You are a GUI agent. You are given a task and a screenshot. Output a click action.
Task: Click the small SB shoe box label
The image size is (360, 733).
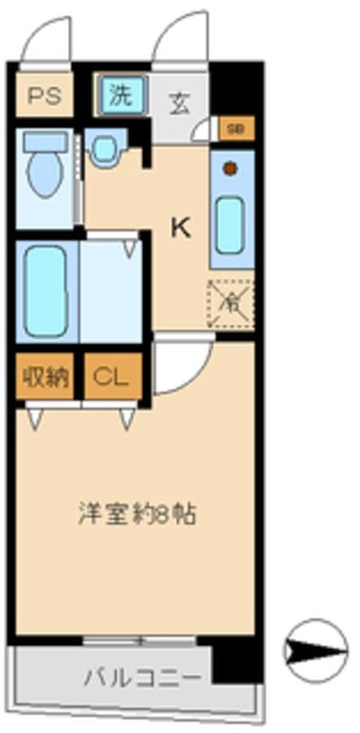click(x=235, y=129)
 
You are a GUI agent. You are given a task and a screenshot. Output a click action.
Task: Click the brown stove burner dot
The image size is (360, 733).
click(x=230, y=169)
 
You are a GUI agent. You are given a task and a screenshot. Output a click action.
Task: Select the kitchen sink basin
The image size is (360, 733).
click(x=230, y=225)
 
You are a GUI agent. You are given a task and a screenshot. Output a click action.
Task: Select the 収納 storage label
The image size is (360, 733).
click(x=45, y=377)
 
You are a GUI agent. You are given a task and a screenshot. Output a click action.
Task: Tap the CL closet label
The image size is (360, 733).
click(x=111, y=377)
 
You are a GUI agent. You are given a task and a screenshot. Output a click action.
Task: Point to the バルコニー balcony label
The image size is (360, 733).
click(x=140, y=677)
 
